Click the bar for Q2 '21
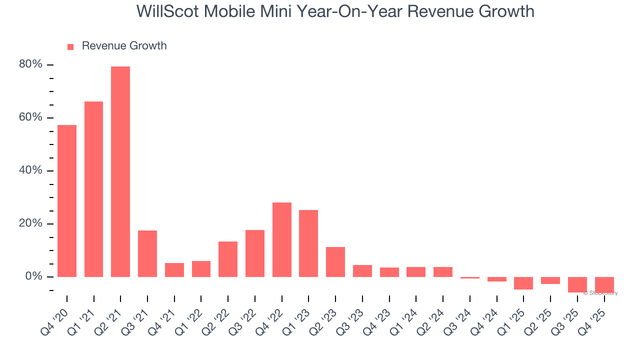120,171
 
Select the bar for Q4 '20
67,201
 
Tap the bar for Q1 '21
93,189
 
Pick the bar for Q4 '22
282,239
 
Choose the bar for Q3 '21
147,253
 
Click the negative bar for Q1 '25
523,283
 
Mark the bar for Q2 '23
335,262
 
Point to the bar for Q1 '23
308,243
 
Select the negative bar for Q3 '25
577,284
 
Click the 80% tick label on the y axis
30,64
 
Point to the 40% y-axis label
30,170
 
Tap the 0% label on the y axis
33,276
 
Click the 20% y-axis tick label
30,223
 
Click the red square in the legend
70,47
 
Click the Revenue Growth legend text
124,46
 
